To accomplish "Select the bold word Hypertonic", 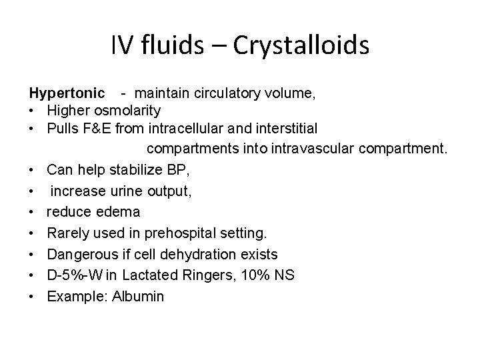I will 66,93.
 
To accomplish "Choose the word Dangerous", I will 79,254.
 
